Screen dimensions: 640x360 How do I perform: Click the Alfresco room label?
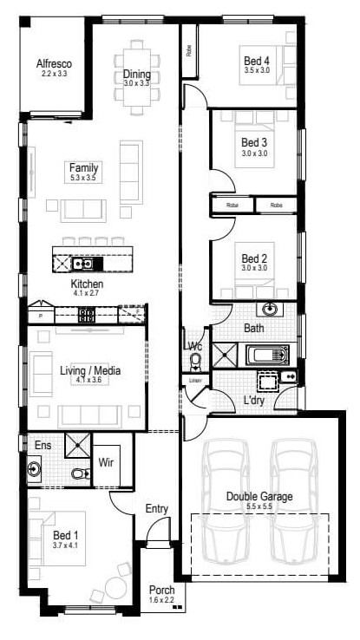(x=53, y=64)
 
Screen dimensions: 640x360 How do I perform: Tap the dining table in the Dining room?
(x=137, y=76)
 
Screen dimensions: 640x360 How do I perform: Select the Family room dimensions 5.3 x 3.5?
(x=85, y=178)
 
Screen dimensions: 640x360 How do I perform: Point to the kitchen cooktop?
(x=88, y=317)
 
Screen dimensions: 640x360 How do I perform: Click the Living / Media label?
(x=89, y=370)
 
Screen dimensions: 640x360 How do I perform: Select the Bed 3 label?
(x=253, y=142)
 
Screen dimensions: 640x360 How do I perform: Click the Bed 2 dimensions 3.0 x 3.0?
(x=253, y=269)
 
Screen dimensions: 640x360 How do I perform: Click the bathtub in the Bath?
(x=271, y=355)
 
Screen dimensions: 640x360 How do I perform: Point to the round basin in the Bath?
(x=271, y=310)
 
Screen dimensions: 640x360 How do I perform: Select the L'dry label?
(x=253, y=401)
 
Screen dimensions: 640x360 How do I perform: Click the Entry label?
(x=157, y=509)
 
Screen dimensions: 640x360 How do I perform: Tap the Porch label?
(x=160, y=591)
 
